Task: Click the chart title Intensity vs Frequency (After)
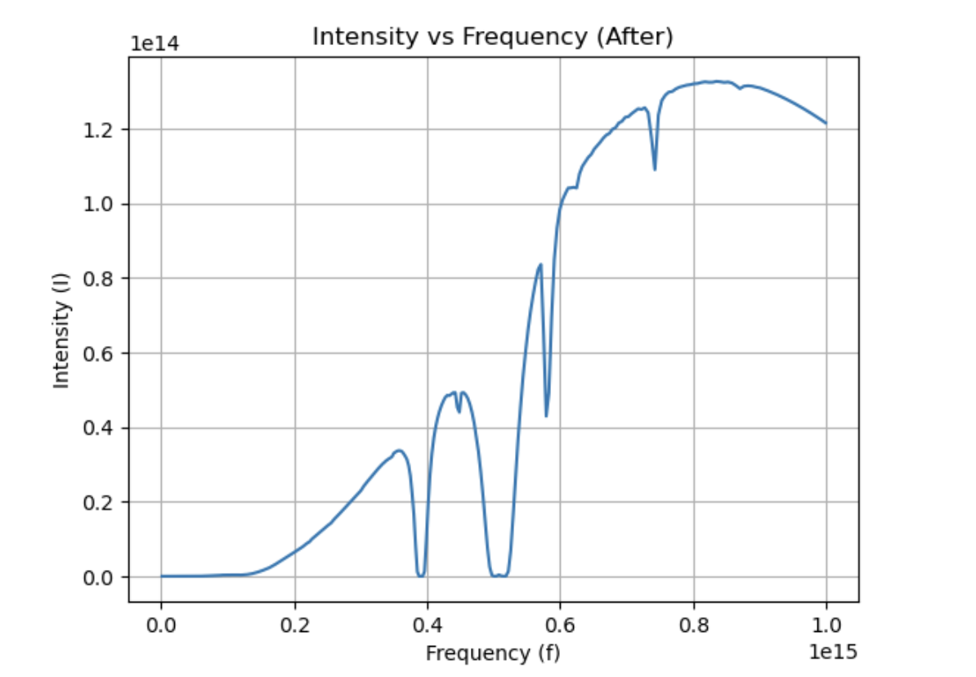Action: [x=493, y=37]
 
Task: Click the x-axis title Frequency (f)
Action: [x=493, y=653]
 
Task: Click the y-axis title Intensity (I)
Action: [x=61, y=330]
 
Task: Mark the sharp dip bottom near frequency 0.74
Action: [x=655, y=169]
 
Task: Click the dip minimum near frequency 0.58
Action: [x=546, y=416]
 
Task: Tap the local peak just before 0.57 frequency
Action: [x=540, y=264]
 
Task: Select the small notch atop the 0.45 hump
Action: [x=459, y=411]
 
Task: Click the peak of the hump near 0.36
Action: [x=398, y=450]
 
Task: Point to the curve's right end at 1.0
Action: [x=826, y=123]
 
